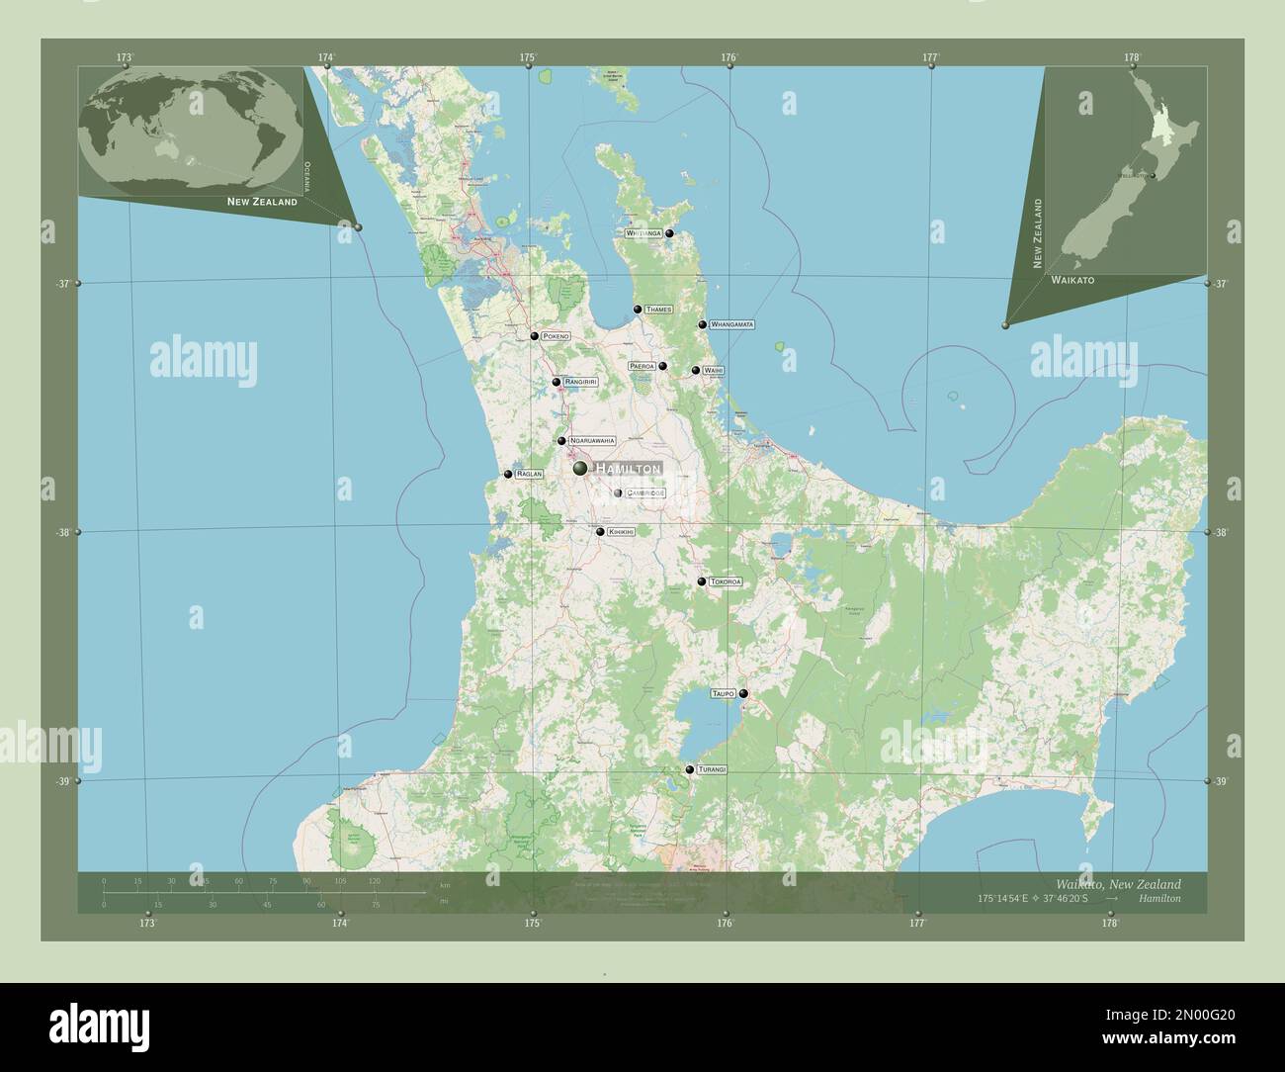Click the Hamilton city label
tap(627, 469)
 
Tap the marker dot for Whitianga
tap(669, 233)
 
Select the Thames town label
tap(658, 310)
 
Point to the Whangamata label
tap(732, 324)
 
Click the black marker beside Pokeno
tap(534, 336)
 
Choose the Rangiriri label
tap(581, 382)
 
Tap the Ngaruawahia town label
tap(592, 440)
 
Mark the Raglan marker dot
tap(507, 475)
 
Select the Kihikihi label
tap(621, 532)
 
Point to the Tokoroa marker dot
tap(701, 581)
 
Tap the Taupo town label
tap(723, 694)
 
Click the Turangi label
tap(712, 769)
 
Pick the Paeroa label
tap(642, 366)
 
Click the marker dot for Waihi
tap(696, 371)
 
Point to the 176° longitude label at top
tap(729, 57)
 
